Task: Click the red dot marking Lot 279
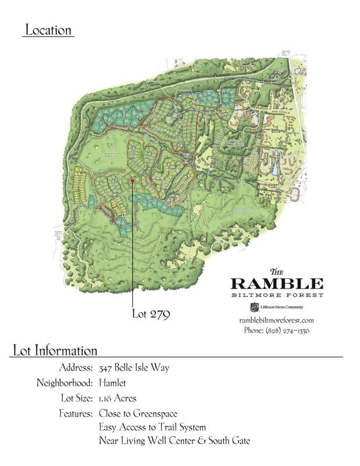click(133, 181)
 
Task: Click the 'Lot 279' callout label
click(150, 314)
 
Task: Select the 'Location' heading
click(48, 30)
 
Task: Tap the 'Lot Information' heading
click(54, 351)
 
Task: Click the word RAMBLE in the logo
click(277, 284)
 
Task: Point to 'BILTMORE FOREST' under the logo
click(277, 295)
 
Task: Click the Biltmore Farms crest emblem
click(253, 307)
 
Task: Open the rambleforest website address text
click(277, 320)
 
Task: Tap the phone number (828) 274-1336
click(276, 330)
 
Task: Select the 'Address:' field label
click(76, 368)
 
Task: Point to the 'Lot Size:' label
click(75, 398)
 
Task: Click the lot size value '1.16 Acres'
click(118, 398)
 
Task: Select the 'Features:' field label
click(75, 414)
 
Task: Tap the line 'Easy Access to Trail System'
click(153, 428)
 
